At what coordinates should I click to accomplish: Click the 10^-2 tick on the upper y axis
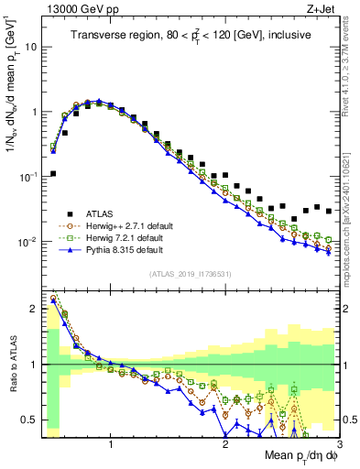[x=29, y=242]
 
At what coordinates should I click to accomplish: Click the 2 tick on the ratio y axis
[x=36, y=309]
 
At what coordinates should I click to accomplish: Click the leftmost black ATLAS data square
[x=53, y=173]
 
